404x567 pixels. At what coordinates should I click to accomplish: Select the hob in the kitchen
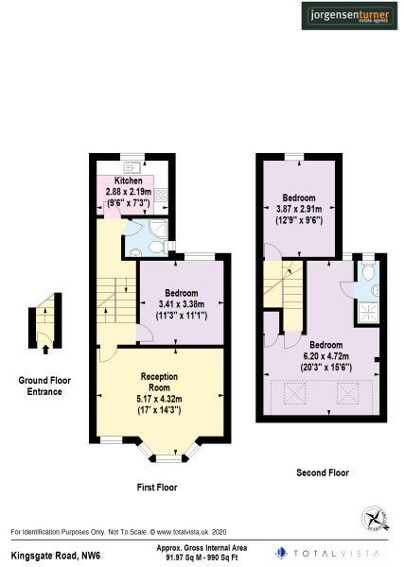pyautogui.click(x=161, y=198)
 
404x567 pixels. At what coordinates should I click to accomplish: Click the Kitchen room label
pyautogui.click(x=129, y=180)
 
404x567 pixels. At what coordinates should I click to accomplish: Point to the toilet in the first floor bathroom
pyautogui.click(x=134, y=249)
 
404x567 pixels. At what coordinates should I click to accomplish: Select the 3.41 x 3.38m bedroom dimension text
pyautogui.click(x=180, y=303)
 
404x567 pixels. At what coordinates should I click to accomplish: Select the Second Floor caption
pyautogui.click(x=323, y=472)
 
